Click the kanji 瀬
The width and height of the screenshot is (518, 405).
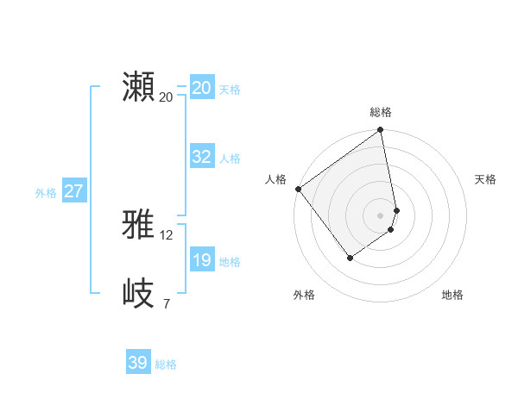coord(138,87)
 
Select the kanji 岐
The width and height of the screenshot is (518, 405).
coord(138,293)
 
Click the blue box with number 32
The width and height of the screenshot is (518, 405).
coord(202,157)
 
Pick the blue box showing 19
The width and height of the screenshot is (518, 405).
coord(202,260)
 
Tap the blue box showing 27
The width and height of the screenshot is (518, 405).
coord(73,191)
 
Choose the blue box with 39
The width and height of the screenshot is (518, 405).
coord(138,363)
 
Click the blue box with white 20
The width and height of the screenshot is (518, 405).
coord(202,88)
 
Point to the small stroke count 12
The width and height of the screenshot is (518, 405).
coord(167,234)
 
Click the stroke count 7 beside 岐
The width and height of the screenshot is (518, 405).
coord(166,303)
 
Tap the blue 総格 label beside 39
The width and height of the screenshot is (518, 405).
coord(166,364)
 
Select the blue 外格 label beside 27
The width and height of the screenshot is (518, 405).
coord(46,193)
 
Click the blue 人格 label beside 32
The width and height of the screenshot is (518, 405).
coord(230,159)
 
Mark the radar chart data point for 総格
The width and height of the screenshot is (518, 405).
coord(380,131)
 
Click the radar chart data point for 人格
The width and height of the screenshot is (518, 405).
coord(298,189)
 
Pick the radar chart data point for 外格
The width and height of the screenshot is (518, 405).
coord(350,257)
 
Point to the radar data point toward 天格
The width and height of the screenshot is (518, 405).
coord(396,209)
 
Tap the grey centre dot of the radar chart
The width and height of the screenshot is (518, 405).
coord(380,215)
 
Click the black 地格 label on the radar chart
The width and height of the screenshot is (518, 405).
coord(452,295)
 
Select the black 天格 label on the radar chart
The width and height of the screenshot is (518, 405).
coord(485,179)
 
